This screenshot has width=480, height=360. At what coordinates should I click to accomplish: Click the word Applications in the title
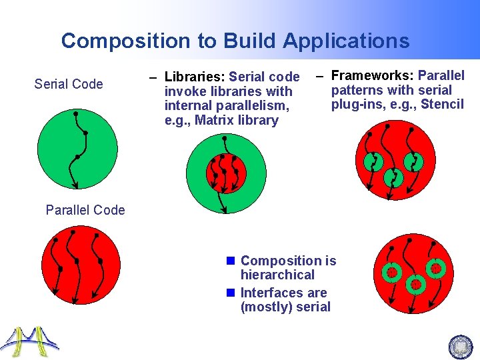point(346,41)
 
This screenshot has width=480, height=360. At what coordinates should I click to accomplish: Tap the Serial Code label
point(69,84)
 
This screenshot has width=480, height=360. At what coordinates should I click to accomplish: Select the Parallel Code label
point(85,210)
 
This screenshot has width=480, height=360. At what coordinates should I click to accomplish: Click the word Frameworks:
point(373,75)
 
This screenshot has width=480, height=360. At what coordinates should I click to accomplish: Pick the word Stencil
point(442,105)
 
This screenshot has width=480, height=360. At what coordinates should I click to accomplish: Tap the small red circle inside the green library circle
point(226,173)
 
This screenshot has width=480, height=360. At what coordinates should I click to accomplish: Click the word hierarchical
point(277,275)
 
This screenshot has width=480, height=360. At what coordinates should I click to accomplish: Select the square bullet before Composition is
point(231,261)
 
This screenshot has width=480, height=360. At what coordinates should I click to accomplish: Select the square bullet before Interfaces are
point(231,293)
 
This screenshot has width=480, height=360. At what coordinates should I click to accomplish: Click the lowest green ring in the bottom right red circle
point(417,285)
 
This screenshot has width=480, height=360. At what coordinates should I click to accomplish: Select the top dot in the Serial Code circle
point(75,114)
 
